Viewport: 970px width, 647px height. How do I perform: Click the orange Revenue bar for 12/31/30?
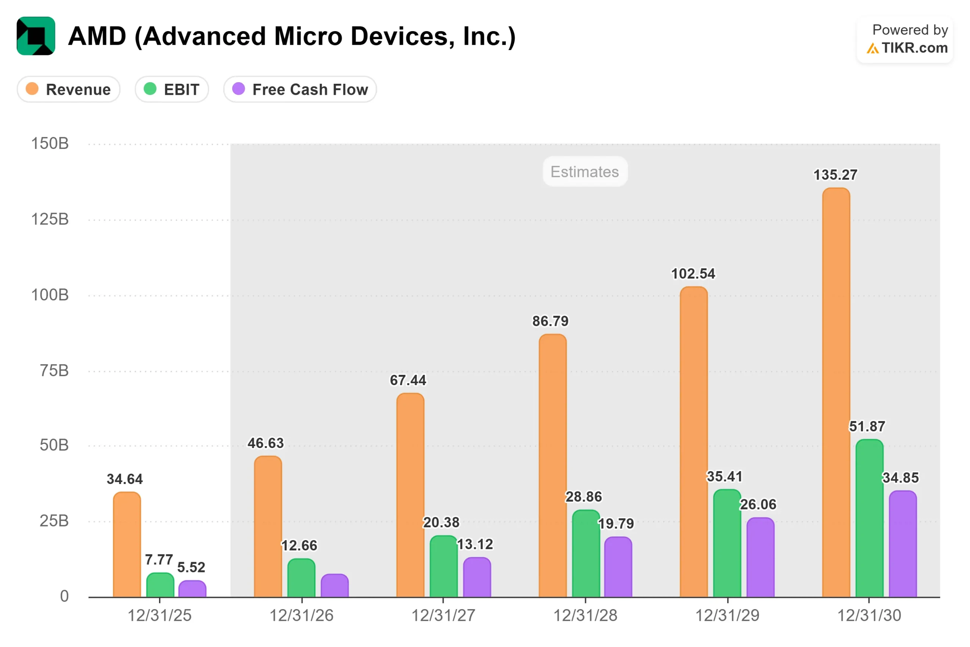[x=836, y=392]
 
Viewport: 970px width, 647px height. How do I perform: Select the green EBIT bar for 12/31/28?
[x=586, y=554]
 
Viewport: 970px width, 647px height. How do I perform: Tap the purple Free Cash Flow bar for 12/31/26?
[x=335, y=586]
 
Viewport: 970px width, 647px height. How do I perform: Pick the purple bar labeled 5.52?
[x=192, y=589]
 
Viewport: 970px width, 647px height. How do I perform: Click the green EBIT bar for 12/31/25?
[x=160, y=585]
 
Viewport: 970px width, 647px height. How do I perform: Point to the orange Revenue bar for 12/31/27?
[x=410, y=495]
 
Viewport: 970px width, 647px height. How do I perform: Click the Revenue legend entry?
[x=69, y=89]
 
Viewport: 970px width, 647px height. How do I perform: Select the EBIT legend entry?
[x=172, y=89]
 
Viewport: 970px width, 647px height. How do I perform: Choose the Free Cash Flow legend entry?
[x=300, y=89]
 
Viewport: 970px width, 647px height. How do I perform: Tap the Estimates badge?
[x=585, y=172]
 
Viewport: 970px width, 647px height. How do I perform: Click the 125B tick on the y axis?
[x=50, y=219]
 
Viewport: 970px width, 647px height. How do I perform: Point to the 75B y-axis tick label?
[x=54, y=371]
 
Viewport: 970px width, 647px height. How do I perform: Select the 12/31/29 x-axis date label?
[x=727, y=615]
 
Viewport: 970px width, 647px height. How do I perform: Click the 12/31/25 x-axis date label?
[x=160, y=615]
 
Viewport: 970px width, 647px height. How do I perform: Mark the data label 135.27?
[x=835, y=175]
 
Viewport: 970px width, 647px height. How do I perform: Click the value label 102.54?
[x=693, y=274]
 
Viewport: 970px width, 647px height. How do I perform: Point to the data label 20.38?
[x=441, y=522]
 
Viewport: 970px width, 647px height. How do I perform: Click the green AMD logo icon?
[x=36, y=36]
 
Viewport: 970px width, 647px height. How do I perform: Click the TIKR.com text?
[x=914, y=48]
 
